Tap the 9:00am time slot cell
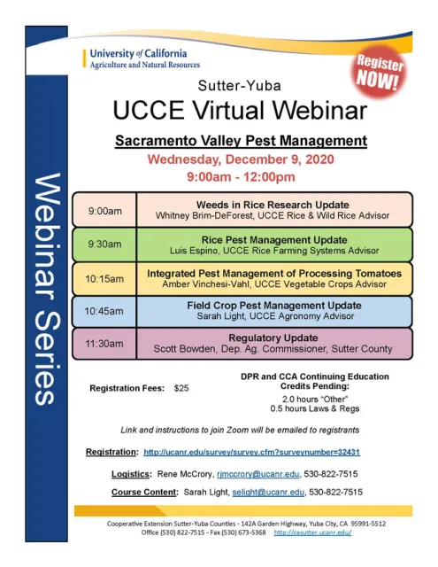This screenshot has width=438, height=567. [104, 211]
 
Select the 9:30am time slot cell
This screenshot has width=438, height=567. [104, 244]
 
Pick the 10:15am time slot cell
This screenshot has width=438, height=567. [104, 278]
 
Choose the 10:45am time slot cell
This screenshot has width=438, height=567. [104, 311]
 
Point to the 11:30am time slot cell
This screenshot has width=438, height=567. [104, 344]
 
